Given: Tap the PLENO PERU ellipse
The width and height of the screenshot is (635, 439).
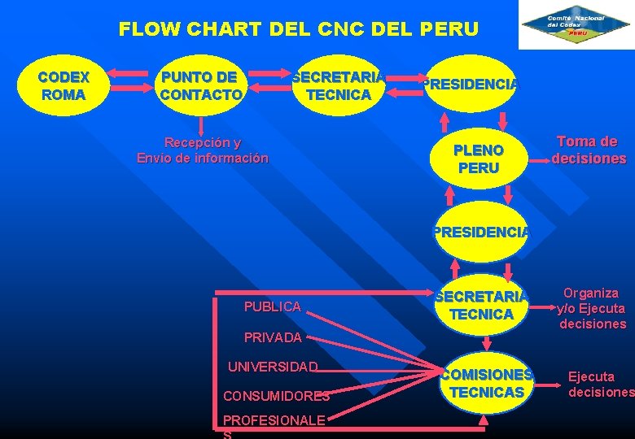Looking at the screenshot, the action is point(479,159).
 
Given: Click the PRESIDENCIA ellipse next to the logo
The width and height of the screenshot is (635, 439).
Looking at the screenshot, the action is point(471,83).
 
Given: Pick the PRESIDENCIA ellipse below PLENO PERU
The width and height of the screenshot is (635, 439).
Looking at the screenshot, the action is point(480,233).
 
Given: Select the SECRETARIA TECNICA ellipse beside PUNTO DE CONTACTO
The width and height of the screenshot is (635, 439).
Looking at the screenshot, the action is point(338,85).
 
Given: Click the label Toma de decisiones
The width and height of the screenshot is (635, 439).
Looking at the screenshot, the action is point(589,150).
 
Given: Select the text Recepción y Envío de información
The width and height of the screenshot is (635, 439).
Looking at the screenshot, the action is point(202,150).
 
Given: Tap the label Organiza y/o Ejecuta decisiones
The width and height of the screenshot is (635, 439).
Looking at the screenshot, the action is point(592,308).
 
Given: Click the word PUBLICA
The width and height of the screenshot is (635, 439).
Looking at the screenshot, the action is point(272,306).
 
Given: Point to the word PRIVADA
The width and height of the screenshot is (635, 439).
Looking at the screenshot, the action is point(272,337).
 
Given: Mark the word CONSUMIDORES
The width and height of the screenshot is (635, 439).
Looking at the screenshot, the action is point(276,397).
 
